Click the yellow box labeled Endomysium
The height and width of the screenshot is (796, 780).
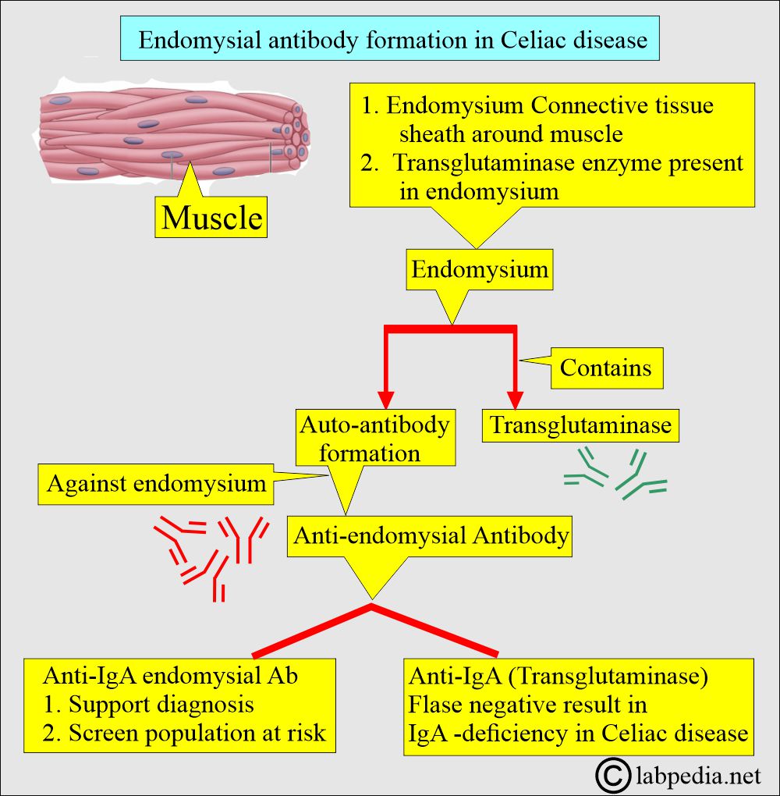480,270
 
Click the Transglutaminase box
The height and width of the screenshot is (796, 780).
580,425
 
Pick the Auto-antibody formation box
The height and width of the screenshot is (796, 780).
374,439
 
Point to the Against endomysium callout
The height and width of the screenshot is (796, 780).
156,484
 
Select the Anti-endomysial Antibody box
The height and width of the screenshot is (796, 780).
430,536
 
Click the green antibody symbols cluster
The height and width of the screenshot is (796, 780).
615,476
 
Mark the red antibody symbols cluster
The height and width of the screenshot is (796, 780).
211,554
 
